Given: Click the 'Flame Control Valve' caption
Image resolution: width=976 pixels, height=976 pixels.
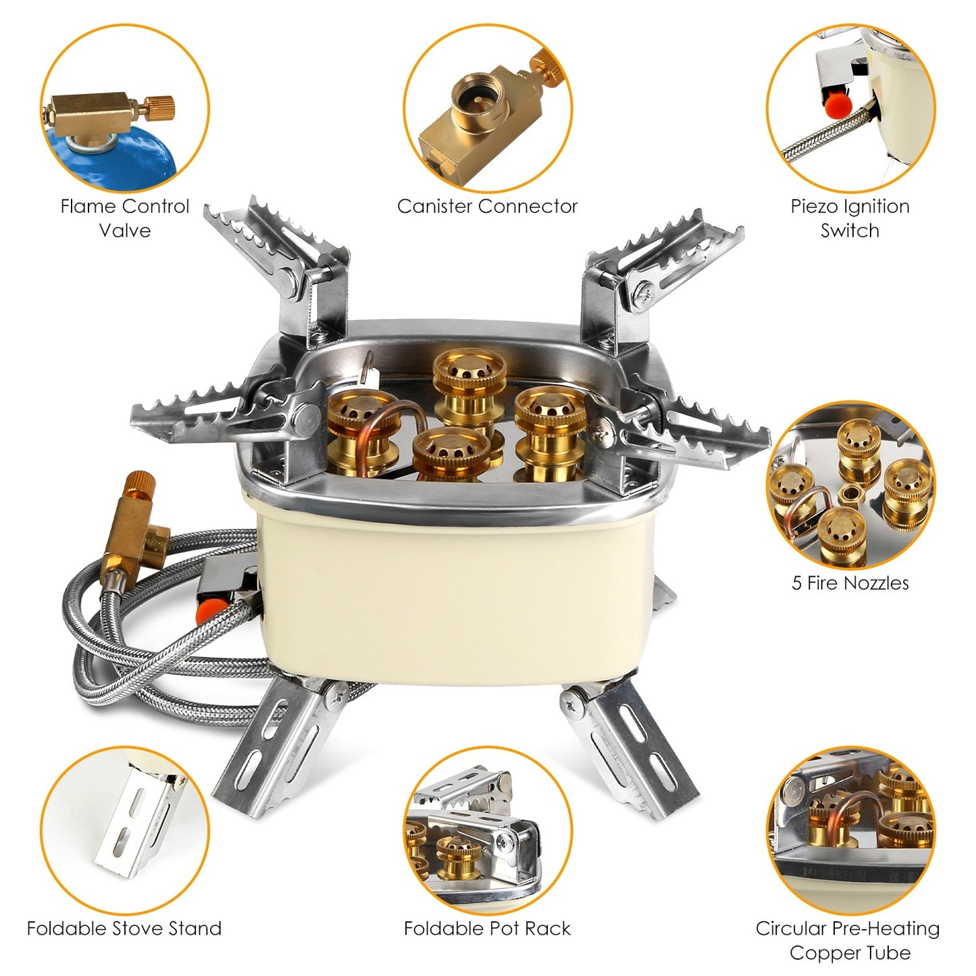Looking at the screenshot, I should (124, 218).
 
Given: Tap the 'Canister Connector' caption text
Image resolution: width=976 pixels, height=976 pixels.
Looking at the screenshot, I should (487, 206).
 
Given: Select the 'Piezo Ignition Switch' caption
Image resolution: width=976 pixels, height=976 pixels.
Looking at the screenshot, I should (850, 218).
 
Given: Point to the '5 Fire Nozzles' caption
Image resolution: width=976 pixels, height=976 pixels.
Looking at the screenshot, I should (850, 583).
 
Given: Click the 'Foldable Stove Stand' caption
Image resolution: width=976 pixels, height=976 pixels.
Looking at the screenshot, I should (124, 928).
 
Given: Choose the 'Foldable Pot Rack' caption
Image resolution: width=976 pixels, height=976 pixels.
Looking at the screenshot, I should (487, 928).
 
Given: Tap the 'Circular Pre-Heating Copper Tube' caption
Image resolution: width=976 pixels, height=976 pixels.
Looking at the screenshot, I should (848, 940).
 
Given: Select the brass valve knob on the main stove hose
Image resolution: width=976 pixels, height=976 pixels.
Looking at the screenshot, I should (139, 486).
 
